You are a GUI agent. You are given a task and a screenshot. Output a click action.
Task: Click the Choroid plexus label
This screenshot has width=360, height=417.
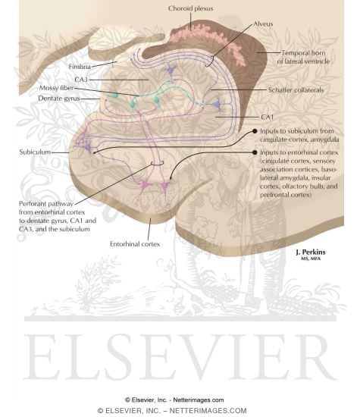tap(190, 8)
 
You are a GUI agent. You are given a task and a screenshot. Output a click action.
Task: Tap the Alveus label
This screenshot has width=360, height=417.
tap(263, 24)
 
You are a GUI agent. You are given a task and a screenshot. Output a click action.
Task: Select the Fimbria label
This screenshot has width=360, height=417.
tap(80, 67)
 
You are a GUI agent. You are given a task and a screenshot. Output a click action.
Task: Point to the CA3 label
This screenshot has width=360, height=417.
tap(81, 80)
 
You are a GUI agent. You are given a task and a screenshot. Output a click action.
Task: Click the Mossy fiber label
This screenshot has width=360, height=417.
tap(56, 88)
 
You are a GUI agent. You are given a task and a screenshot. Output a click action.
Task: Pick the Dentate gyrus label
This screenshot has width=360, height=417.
tap(59, 99)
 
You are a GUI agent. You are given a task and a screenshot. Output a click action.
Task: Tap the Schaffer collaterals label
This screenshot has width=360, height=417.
tap(296, 90)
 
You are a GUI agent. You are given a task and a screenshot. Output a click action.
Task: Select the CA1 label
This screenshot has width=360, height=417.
tap(268, 117)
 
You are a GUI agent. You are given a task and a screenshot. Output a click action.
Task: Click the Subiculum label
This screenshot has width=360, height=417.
tap(35, 152)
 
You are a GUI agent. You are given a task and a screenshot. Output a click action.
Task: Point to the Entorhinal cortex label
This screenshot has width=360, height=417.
tap(135, 244)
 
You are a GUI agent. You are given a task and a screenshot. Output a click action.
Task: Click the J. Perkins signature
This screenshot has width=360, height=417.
tap(311, 254)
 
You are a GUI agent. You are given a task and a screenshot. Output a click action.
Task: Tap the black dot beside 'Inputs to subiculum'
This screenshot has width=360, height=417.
tap(255, 131)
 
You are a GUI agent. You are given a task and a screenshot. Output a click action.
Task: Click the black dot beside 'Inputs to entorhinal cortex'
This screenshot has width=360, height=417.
tap(255, 152)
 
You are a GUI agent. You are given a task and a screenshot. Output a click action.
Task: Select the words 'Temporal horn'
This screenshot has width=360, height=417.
tap(303, 53)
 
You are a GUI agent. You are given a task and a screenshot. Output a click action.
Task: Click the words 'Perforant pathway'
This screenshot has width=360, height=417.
tap(46, 204)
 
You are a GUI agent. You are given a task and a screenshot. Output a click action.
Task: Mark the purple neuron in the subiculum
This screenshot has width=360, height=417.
tap(86, 145)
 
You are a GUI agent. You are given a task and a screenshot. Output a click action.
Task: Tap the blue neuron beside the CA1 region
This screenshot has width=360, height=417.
tap(218, 105)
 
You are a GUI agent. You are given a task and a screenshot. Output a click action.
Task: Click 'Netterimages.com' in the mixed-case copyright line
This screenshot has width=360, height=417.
tap(199, 400)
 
